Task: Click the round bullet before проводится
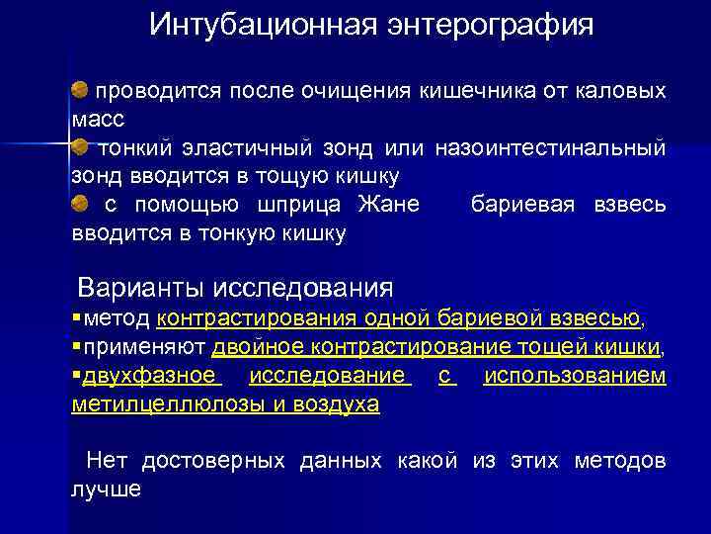[80, 91]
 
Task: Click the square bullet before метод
[77, 318]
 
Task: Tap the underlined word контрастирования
[257, 318]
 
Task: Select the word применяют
[144, 347]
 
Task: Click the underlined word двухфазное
[149, 376]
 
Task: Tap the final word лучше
[107, 489]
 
